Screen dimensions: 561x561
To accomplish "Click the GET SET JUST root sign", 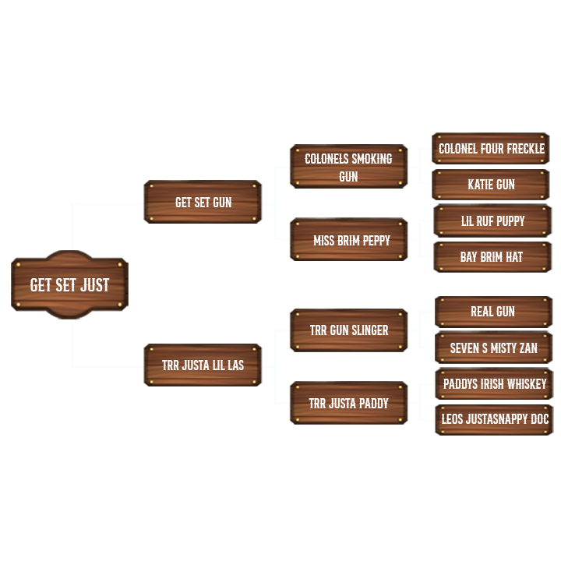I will click(x=69, y=285).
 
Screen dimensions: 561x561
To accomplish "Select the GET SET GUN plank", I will click(x=203, y=203).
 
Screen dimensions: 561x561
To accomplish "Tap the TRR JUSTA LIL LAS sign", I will click(x=203, y=365).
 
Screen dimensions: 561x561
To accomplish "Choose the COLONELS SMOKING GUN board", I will click(x=348, y=167).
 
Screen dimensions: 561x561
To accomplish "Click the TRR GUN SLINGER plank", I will click(x=348, y=330).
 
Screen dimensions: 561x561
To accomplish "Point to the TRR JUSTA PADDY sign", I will click(x=348, y=404).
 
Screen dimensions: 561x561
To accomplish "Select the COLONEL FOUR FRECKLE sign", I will click(x=491, y=149).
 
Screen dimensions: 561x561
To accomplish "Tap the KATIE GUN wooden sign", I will click(x=491, y=185).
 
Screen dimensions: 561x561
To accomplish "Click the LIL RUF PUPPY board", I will click(x=492, y=221).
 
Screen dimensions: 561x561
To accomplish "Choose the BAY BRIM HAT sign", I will click(x=492, y=257).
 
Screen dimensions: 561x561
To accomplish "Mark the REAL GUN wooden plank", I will click(x=493, y=312).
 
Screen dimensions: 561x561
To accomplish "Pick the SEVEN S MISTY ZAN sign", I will click(x=493, y=348).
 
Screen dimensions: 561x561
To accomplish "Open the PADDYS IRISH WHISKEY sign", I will click(x=494, y=384).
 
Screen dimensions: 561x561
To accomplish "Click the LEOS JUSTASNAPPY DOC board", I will click(x=494, y=420).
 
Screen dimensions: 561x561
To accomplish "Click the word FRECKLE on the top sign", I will click(x=524, y=149).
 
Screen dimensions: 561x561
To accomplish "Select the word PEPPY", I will click(x=375, y=240).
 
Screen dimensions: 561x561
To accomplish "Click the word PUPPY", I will click(x=510, y=221).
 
